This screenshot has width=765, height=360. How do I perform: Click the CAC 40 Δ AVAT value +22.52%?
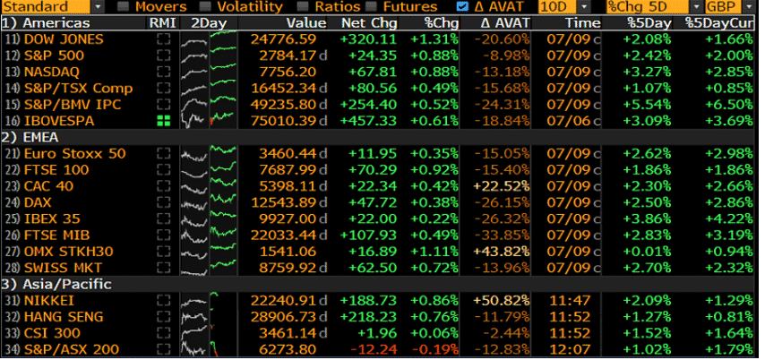coord(501,185)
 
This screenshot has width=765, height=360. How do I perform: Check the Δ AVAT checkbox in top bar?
coord(461,6)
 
